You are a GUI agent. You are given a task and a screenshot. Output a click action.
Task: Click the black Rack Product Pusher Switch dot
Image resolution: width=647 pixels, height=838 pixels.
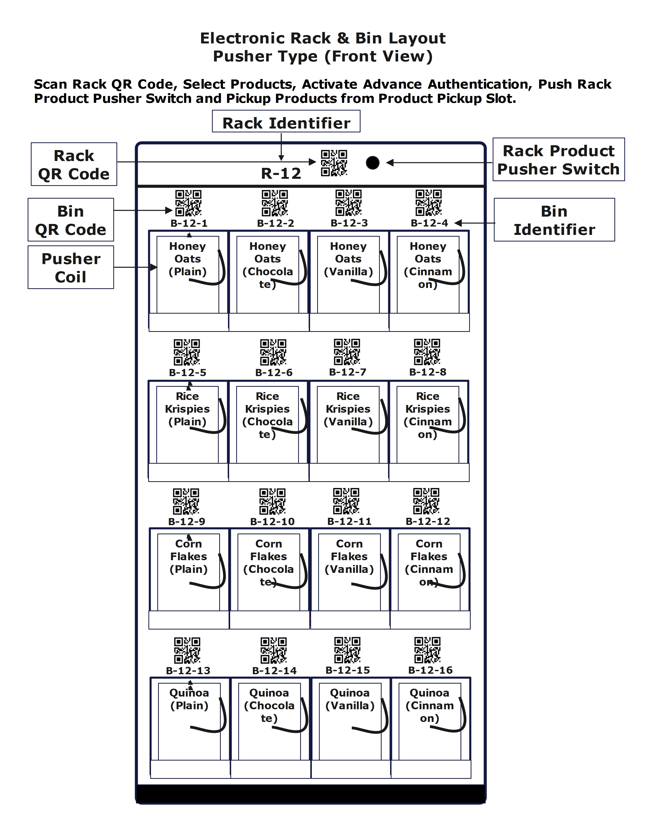pyautogui.click(x=372, y=163)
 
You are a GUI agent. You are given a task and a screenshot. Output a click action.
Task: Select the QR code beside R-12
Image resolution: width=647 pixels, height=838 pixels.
pyautogui.click(x=334, y=163)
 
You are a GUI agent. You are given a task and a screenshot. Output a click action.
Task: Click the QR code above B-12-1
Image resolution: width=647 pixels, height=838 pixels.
pyautogui.click(x=188, y=203)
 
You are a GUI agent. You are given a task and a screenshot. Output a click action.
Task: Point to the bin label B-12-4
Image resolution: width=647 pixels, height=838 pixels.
pyautogui.click(x=429, y=223)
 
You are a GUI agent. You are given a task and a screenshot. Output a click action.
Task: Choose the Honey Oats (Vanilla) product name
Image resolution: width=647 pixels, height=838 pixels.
pyautogui.click(x=348, y=259)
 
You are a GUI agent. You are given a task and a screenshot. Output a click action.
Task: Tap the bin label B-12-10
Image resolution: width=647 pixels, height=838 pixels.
pyautogui.click(x=272, y=521)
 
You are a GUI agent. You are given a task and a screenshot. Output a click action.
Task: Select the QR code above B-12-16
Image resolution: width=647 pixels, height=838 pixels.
pyautogui.click(x=427, y=650)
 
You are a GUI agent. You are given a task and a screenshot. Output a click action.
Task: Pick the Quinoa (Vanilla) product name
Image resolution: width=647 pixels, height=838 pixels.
pyautogui.click(x=350, y=699)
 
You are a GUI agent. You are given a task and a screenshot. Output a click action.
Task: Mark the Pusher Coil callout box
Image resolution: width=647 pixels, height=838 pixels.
pyautogui.click(x=71, y=267)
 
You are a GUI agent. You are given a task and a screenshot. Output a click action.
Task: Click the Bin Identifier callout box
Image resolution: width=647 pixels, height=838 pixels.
pyautogui.click(x=554, y=220)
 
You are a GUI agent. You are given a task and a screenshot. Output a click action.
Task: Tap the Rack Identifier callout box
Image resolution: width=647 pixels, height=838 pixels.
pyautogui.click(x=286, y=123)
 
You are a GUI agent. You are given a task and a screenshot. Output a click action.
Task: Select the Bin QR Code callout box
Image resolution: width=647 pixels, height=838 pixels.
pyautogui.click(x=71, y=220)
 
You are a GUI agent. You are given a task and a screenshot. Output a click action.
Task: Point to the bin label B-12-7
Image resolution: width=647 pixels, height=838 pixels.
pyautogui.click(x=348, y=372)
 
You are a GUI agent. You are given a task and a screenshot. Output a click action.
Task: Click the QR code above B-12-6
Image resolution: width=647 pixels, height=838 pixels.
pyautogui.click(x=273, y=352)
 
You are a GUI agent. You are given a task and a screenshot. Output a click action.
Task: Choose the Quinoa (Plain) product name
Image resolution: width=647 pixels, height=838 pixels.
pyautogui.click(x=189, y=699)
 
